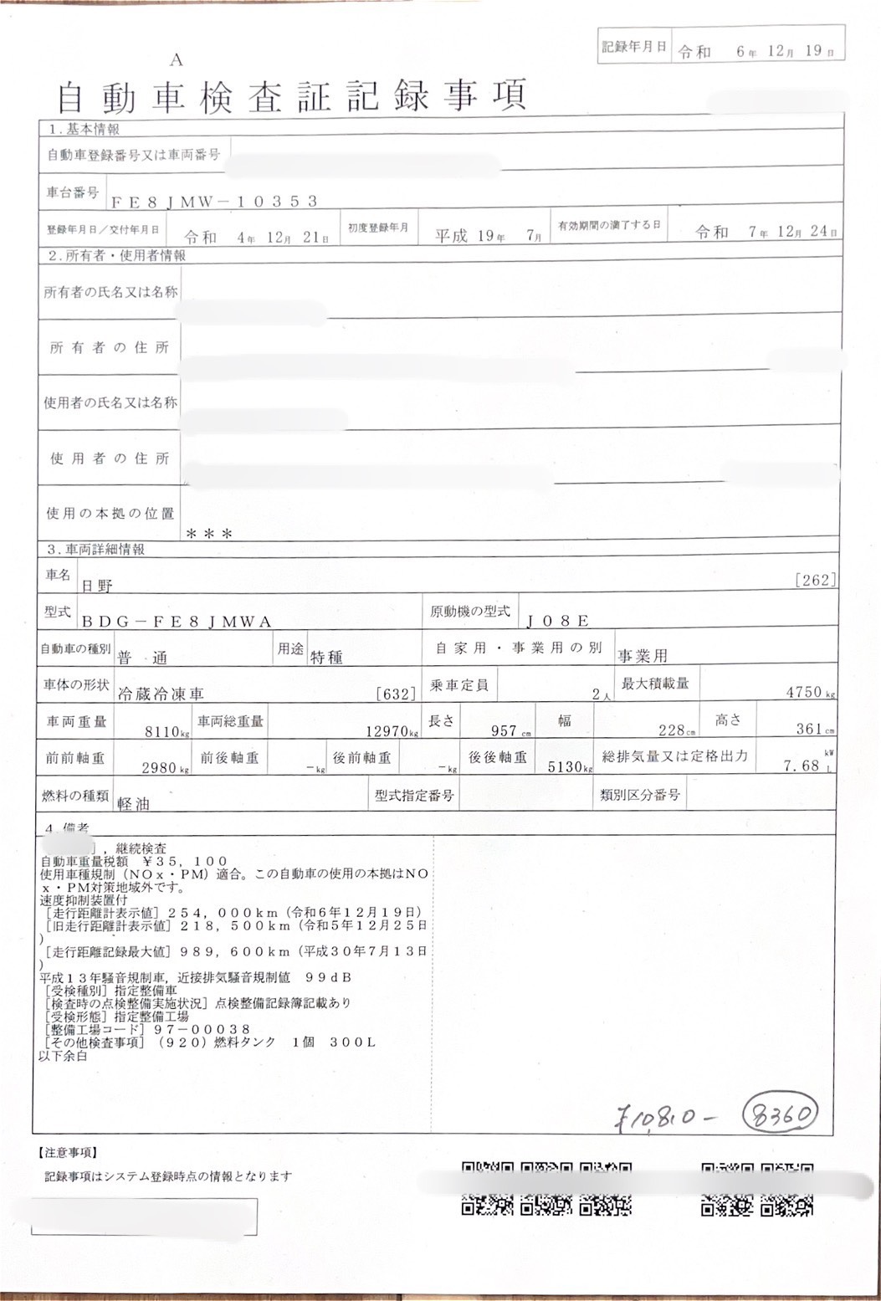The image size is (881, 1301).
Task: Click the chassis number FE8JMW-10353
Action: tap(214, 201)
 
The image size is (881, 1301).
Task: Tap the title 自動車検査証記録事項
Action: tap(291, 96)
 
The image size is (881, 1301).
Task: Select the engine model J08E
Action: tap(558, 620)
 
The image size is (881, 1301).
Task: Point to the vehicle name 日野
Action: tap(96, 586)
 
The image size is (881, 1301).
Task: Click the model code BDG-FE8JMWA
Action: tap(177, 621)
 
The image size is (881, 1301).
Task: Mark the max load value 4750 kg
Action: tap(805, 693)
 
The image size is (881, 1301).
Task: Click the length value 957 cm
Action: tap(505, 730)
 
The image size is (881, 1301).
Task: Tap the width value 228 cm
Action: tap(671, 730)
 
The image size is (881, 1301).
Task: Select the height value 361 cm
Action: tap(809, 729)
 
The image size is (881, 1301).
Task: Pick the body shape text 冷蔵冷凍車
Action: tap(161, 694)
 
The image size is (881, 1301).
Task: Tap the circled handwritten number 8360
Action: tap(781, 1114)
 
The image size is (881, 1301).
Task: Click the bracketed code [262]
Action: tap(817, 580)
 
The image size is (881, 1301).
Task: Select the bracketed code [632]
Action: tap(396, 694)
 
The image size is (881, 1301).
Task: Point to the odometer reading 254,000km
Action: tap(226, 912)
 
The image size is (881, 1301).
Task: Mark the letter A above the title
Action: tap(176, 60)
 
